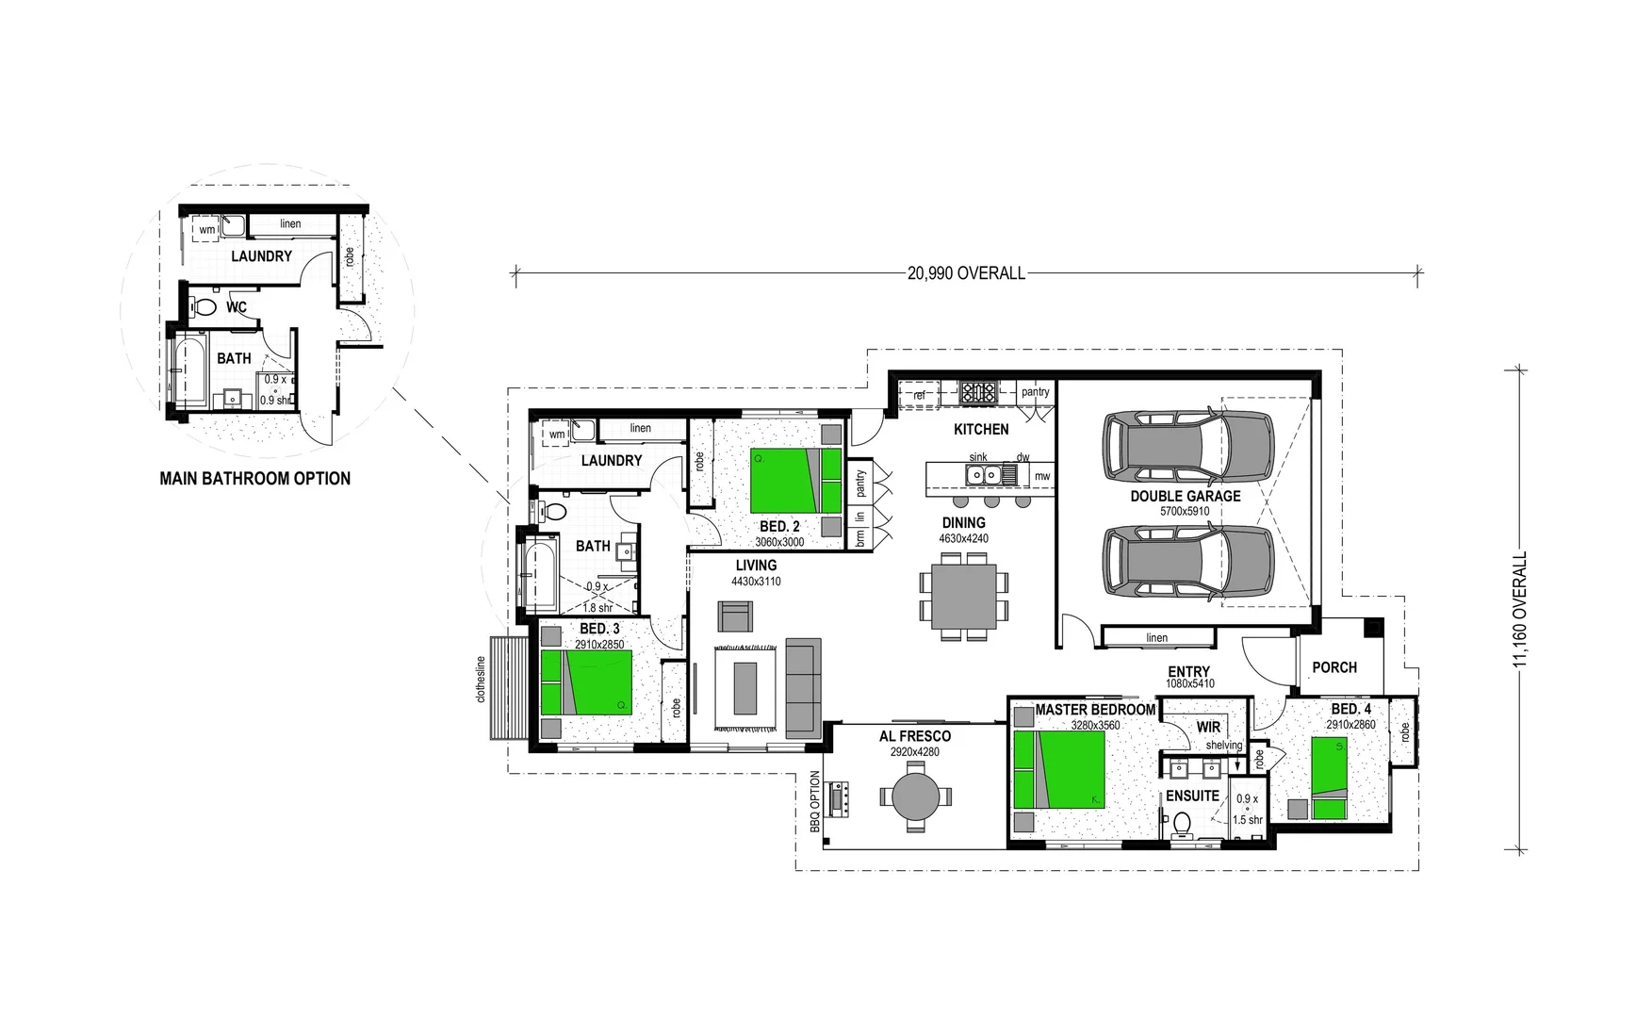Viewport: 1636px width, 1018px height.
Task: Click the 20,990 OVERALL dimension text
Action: pyautogui.click(x=966, y=273)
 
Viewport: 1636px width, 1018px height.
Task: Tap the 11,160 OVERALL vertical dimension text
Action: pyautogui.click(x=1518, y=611)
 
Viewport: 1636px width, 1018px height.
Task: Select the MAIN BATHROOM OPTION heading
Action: pyautogui.click(x=254, y=479)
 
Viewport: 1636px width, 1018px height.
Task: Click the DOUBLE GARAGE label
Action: pyautogui.click(x=1185, y=496)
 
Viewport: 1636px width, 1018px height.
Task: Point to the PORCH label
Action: pyautogui.click(x=1334, y=667)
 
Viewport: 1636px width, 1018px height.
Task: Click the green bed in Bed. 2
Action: pyautogui.click(x=783, y=480)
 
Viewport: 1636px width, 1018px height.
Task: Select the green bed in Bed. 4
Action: pyautogui.click(x=1329, y=779)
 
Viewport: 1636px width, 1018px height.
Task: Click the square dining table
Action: pyautogui.click(x=964, y=597)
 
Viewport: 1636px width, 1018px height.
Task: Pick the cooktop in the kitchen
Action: pyautogui.click(x=978, y=391)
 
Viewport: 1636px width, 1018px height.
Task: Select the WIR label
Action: pyautogui.click(x=1208, y=727)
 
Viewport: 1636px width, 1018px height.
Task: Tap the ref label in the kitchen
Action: pyautogui.click(x=919, y=396)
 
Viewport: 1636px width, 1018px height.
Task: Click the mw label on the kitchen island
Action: pyautogui.click(x=1041, y=476)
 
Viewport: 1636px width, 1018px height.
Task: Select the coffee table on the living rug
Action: pyautogui.click(x=745, y=688)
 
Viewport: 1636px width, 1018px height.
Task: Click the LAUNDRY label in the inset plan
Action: pyautogui.click(x=261, y=256)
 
